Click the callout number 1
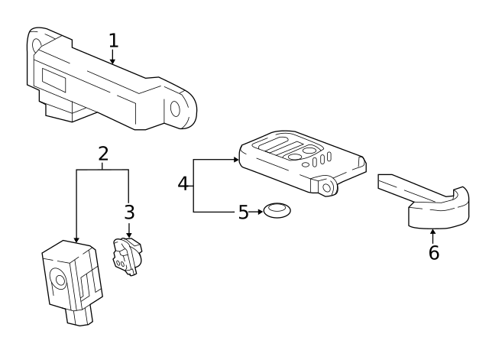tap(114, 41)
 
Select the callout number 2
tap(103, 154)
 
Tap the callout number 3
tap(129, 212)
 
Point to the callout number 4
tap(183, 183)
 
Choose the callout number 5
tap(243, 212)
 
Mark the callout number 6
tap(434, 252)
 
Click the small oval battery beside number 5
tap(277, 210)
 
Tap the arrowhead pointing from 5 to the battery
tap(260, 212)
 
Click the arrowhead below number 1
tap(112, 61)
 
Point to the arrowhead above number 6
tap(432, 232)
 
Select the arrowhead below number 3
tap(129, 235)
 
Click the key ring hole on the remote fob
tap(327, 188)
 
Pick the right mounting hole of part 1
tap(175, 109)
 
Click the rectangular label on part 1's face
tap(53, 80)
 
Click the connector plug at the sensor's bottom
tap(79, 316)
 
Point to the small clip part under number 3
tap(127, 256)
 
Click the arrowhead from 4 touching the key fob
tap(236, 160)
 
